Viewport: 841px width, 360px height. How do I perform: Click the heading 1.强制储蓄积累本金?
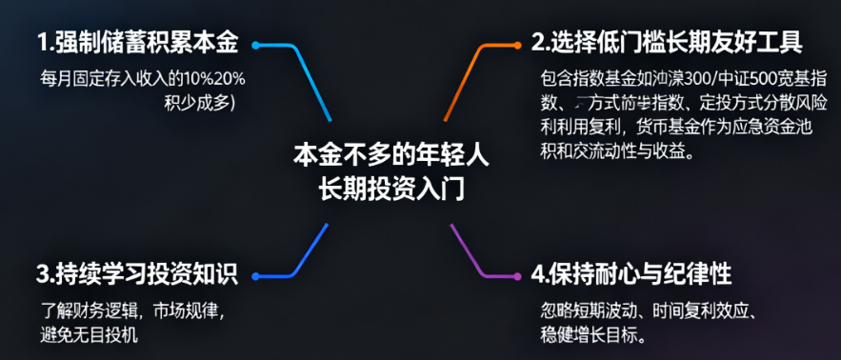click(137, 43)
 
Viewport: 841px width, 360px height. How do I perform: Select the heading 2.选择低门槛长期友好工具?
click(667, 43)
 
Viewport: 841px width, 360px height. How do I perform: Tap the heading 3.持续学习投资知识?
click(137, 275)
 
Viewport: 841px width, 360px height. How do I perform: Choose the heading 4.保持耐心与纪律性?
click(631, 274)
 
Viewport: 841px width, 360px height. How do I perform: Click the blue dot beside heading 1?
click(256, 43)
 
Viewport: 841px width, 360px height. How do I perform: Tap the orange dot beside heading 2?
click(520, 43)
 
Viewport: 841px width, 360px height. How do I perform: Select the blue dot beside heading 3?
click(256, 276)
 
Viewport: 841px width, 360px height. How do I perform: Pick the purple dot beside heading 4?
click(520, 276)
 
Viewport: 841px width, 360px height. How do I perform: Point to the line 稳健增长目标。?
click(591, 335)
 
